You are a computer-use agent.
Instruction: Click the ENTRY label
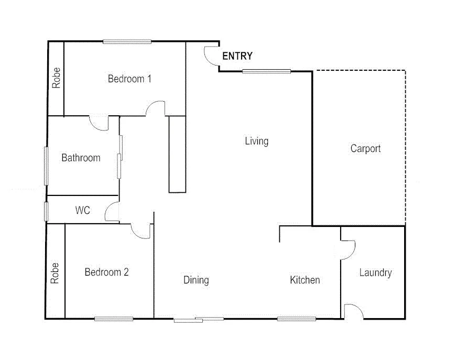tap(237, 56)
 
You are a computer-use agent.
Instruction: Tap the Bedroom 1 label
tap(129, 79)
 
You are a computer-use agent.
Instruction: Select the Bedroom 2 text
tap(106, 272)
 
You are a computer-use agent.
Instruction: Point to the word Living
tap(256, 141)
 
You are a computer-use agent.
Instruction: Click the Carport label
tap(365, 149)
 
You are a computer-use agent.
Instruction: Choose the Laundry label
tap(375, 272)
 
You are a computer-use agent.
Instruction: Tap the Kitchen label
tap(305, 280)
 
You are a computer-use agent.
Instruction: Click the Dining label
tap(196, 280)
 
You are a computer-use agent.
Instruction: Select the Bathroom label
tap(81, 158)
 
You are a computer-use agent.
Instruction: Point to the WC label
tap(83, 211)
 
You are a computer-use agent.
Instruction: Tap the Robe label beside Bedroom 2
tap(55, 272)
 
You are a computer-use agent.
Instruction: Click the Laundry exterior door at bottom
tap(353, 311)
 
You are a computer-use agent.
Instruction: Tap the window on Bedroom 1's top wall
tap(127, 42)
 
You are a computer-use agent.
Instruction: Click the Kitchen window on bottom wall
tap(297, 318)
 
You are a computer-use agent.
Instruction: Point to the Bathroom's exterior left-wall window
tap(46, 166)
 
